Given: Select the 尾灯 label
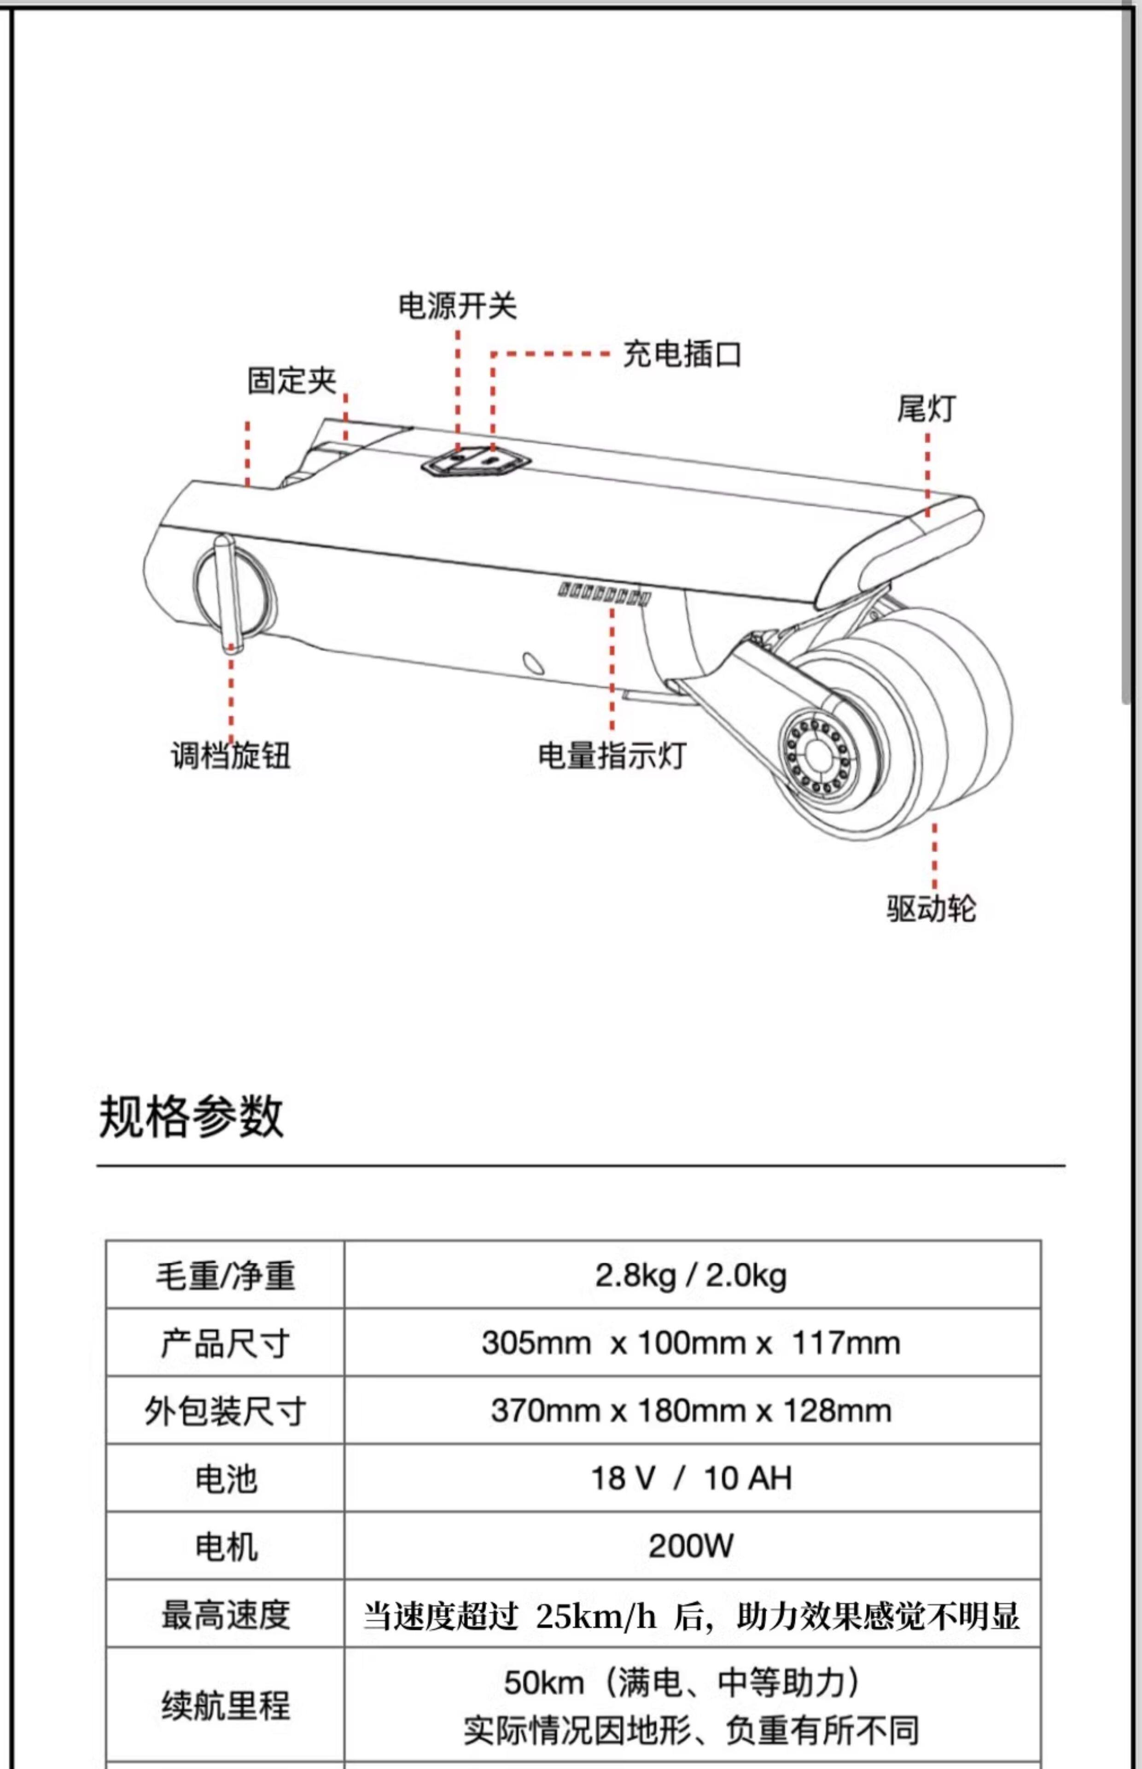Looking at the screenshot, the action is (x=926, y=409).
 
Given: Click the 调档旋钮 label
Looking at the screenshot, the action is (x=231, y=756).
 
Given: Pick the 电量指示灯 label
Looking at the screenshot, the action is (x=612, y=756).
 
